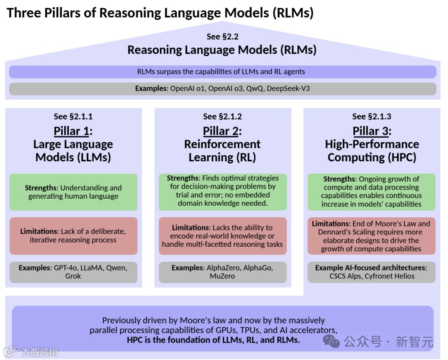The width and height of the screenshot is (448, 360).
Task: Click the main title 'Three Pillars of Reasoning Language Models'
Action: click(160, 12)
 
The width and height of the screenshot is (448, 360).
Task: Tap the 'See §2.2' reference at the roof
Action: click(222, 36)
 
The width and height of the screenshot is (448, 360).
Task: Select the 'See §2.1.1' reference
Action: click(73, 117)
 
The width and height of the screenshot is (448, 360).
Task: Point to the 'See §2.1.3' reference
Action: click(372, 117)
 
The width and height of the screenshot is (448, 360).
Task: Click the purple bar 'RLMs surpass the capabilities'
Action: click(222, 72)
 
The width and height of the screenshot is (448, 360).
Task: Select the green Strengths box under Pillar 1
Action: click(73, 192)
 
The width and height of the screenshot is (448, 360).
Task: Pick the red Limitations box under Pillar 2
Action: click(223, 236)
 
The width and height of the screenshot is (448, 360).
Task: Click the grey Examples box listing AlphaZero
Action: click(223, 272)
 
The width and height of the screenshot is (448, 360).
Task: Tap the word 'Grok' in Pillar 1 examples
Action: click(73, 276)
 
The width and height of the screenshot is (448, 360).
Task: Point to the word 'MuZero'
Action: click(222, 276)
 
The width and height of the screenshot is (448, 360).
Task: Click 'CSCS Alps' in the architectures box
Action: click(346, 276)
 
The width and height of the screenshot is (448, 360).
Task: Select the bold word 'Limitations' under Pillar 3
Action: click(331, 224)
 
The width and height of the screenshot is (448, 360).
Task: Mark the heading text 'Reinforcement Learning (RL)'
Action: click(222, 151)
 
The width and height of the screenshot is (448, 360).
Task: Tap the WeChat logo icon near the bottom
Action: click(331, 341)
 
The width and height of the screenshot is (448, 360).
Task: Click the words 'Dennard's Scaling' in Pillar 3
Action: click(343, 232)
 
